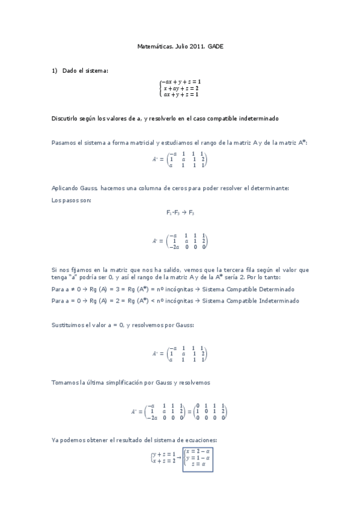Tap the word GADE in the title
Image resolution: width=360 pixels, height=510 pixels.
(x=215, y=46)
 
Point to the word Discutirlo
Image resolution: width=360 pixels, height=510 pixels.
(x=66, y=118)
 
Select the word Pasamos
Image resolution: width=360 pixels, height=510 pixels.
(x=65, y=142)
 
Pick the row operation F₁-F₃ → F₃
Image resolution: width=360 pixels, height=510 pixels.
(x=180, y=212)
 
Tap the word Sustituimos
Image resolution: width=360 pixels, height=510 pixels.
(x=70, y=325)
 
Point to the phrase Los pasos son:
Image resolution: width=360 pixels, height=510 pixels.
(x=72, y=200)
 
